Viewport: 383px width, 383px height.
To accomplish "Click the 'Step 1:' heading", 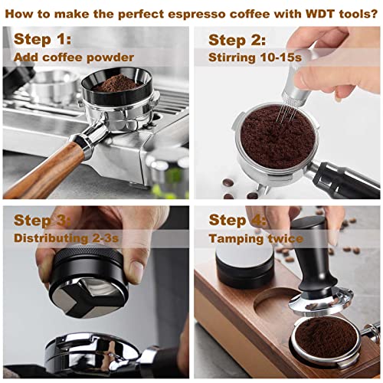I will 41,39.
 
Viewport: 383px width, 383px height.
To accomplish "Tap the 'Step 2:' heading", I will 238,39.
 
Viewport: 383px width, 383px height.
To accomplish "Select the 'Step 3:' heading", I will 42,221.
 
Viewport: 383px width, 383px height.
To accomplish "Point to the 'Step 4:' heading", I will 238,221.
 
